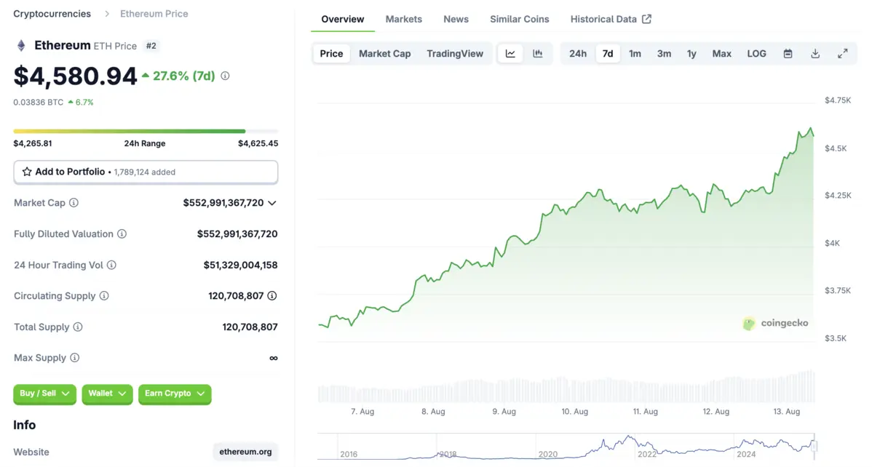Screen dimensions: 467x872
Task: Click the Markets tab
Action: click(403, 19)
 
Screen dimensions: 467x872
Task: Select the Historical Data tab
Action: click(610, 19)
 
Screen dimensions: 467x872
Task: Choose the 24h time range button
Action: click(577, 54)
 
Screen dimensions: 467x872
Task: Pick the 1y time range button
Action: click(691, 54)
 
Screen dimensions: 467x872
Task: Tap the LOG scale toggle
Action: click(756, 54)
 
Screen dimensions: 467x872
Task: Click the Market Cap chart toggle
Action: click(384, 54)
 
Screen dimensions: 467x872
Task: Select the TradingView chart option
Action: click(454, 54)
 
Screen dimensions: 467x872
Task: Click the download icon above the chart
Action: click(815, 54)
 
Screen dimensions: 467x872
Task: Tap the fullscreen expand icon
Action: click(842, 54)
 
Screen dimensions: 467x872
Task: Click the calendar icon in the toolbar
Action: click(788, 54)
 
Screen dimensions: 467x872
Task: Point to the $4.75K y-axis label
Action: click(837, 100)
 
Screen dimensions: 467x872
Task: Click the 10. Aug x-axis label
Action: click(574, 412)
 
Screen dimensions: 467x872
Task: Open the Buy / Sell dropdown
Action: click(44, 394)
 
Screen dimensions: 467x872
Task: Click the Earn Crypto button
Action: click(175, 394)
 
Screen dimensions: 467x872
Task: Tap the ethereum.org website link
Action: click(245, 452)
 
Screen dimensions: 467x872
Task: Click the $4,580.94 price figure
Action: click(75, 76)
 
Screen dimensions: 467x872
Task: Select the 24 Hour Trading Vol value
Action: click(240, 265)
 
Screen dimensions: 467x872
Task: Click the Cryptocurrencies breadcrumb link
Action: click(52, 14)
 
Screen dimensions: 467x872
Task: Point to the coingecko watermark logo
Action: click(775, 323)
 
